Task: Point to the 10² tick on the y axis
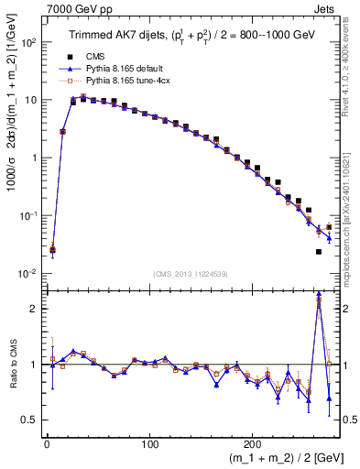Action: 28,42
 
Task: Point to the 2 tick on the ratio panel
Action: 34,309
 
